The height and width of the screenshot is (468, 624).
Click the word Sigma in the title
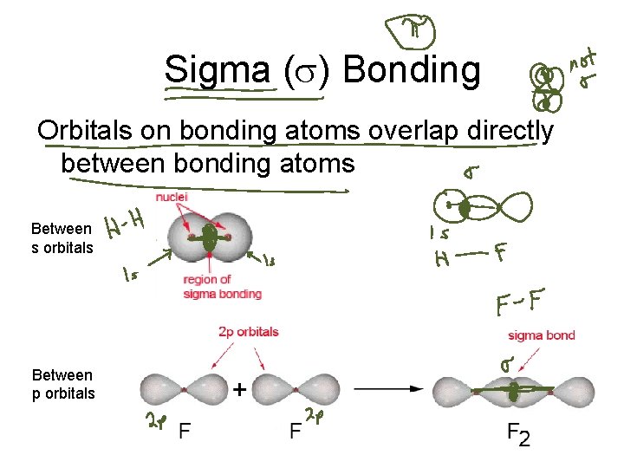tap(217, 69)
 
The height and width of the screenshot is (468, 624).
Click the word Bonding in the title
tap(411, 69)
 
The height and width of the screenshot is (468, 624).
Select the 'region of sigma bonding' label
tap(222, 287)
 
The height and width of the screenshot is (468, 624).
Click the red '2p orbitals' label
tap(250, 331)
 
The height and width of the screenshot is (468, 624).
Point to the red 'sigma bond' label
tap(542, 335)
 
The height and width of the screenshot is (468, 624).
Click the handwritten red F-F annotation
tap(520, 304)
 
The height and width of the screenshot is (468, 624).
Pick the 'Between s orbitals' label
tap(61, 238)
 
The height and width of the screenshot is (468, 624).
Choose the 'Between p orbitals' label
tap(62, 383)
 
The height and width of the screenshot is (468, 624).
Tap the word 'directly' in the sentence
tap(504, 131)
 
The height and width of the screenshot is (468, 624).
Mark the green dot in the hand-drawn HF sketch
tap(465, 208)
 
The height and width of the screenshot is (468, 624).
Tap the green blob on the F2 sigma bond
tap(513, 391)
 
